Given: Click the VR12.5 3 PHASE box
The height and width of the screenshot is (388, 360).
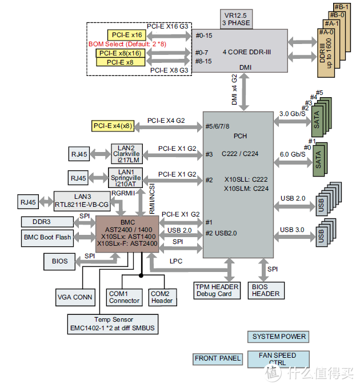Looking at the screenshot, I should point(238,19).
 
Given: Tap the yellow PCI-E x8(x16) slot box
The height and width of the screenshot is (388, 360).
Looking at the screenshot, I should point(120,53).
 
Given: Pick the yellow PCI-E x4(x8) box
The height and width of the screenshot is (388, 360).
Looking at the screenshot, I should point(113,126).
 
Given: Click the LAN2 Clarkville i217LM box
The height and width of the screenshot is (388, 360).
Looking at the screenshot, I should point(127,154).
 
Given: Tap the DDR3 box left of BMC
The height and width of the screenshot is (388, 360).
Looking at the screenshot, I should point(48,221).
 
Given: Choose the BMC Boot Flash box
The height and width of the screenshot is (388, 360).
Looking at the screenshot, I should point(48,237).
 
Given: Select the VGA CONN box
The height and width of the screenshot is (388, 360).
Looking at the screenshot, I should point(75,297).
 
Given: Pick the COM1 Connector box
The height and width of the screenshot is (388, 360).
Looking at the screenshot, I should point(124,297).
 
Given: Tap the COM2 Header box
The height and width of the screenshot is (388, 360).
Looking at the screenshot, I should point(162,297).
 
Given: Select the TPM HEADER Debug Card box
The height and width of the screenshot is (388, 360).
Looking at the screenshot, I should point(218,290).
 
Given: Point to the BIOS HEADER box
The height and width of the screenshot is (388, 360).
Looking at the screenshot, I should point(266,290).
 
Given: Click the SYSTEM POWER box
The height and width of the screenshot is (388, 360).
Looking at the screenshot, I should point(279,336).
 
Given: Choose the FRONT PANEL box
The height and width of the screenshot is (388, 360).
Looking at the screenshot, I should point(218,358).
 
